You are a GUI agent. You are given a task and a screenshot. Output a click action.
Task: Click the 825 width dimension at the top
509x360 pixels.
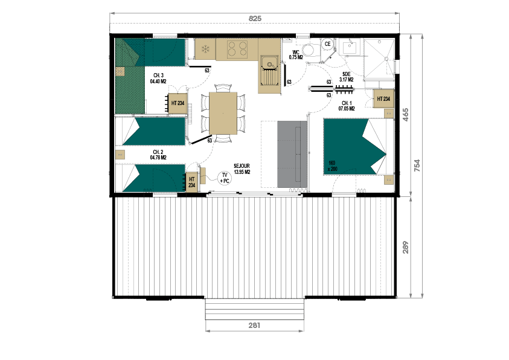click(255, 19)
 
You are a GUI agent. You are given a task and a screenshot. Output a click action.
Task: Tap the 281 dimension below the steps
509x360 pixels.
click(254, 325)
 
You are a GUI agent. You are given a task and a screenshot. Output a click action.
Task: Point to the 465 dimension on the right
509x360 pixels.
click(405, 115)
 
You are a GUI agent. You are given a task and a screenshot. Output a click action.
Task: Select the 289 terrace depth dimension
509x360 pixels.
click(405, 247)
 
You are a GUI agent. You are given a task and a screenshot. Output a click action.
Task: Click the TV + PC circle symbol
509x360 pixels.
click(225, 178)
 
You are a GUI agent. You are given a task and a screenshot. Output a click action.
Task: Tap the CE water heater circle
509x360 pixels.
click(327, 44)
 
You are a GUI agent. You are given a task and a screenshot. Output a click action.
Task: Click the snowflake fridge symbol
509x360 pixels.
click(205, 50)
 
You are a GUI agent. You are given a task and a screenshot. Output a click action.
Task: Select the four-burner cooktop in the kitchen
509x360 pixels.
click(237, 49)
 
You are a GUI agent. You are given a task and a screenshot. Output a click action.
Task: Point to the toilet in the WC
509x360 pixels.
click(309, 50)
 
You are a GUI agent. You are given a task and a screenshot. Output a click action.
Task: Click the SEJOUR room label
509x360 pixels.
click(242, 169)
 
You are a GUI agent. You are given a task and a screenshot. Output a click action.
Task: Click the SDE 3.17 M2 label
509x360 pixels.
click(347, 77)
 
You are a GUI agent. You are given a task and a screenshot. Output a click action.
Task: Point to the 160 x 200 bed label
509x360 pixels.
click(332, 166)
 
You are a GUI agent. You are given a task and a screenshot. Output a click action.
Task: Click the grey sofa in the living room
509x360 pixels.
click(292, 154)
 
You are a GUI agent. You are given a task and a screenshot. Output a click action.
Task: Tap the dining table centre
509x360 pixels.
click(223, 113)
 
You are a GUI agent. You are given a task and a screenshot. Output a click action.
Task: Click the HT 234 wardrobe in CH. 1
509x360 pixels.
click(383, 98)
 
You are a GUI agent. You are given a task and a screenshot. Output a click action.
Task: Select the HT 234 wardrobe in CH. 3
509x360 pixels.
click(178, 103)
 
